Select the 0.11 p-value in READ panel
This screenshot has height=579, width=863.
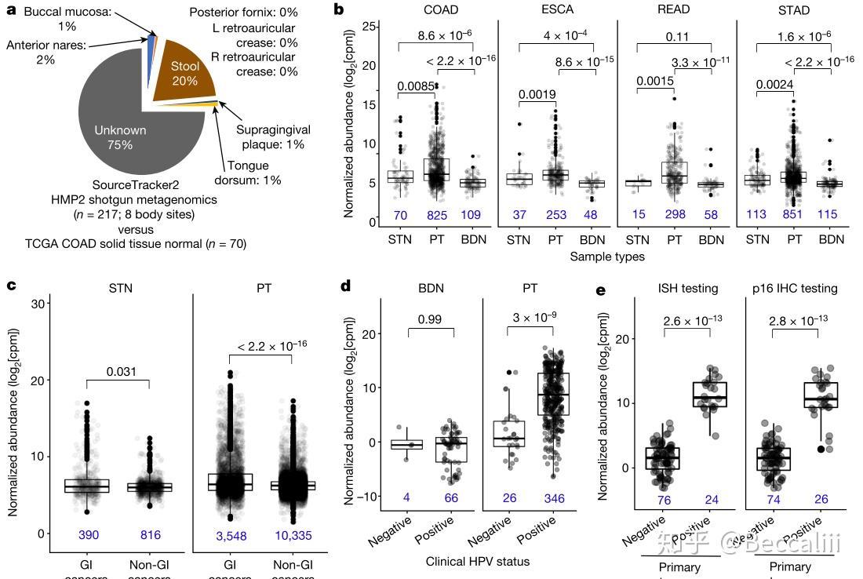pyautogui.click(x=675, y=36)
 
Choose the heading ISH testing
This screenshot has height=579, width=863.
pyautogui.click(x=688, y=289)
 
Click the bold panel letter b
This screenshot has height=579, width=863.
pyautogui.click(x=339, y=9)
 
